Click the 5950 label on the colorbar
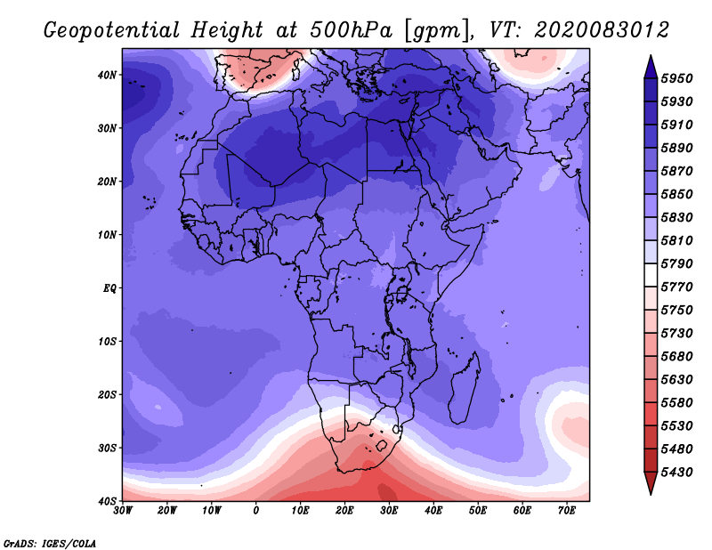click(676, 78)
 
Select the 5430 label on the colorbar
click(676, 473)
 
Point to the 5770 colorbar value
click(676, 287)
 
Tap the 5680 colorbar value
click(676, 357)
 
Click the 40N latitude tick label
click(107, 75)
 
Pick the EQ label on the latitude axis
click(109, 288)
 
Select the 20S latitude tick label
click(107, 394)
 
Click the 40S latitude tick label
click(107, 501)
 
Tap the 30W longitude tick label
click(123, 511)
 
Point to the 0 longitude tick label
click(256, 511)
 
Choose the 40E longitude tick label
click(433, 511)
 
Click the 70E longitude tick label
click(567, 511)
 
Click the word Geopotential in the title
click(112, 31)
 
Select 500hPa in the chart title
click(351, 30)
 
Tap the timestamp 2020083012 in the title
click(602, 30)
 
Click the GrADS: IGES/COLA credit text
click(50, 543)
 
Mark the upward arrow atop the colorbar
click(651, 66)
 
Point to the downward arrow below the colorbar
click(651, 483)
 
